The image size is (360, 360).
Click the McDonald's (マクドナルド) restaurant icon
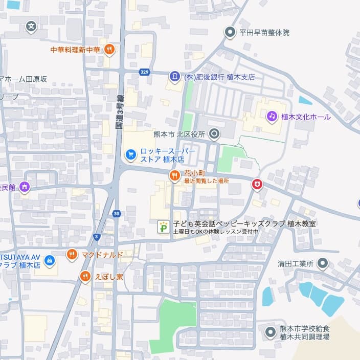pos(72,254)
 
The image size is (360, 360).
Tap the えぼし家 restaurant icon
pos(85,277)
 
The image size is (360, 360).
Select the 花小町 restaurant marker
pos(175,176)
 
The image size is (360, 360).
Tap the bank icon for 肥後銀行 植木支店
pos(175,77)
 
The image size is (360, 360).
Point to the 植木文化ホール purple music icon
pos(272,117)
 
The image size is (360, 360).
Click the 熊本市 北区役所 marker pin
pos(214,134)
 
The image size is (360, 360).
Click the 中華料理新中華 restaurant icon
pos(109,50)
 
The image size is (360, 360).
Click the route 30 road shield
pos(117,213)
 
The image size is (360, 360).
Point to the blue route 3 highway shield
pos(97,236)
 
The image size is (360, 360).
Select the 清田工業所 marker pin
pos(322,264)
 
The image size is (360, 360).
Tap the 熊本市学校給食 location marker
pos(271,332)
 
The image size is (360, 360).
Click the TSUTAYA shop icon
pos(49,260)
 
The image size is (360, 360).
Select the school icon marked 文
pos(32,26)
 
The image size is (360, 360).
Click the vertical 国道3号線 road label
pos(120,111)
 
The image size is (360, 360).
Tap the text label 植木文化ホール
pos(306,117)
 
